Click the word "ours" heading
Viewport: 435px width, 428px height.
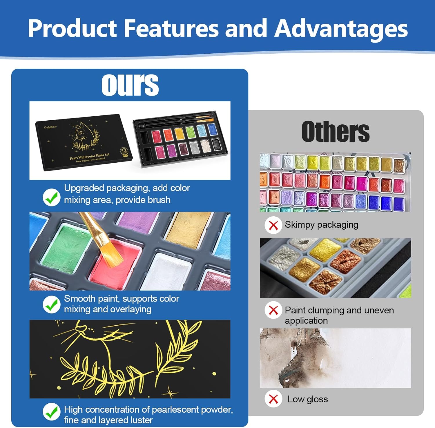(x=130, y=84)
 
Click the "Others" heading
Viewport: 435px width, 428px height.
(x=336, y=132)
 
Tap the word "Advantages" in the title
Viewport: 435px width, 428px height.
(x=341, y=29)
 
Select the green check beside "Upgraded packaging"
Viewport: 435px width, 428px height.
(x=52, y=197)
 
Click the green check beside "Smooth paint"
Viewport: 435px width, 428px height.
(x=52, y=304)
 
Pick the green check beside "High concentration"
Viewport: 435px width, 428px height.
(x=52, y=411)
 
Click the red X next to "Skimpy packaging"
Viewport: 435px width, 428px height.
(x=273, y=225)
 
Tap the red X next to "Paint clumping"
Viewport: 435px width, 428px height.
(x=273, y=310)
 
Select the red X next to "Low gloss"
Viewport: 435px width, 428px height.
(x=273, y=399)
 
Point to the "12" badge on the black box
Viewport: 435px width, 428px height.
(x=124, y=151)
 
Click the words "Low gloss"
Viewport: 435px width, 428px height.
(x=308, y=399)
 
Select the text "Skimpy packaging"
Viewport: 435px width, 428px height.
(x=321, y=225)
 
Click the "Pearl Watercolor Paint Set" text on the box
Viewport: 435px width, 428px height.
(x=90, y=156)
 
